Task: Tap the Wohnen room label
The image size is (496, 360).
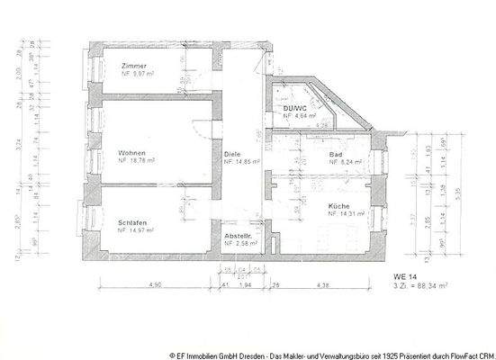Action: [x=132, y=153]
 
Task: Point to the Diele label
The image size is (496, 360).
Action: [x=232, y=154]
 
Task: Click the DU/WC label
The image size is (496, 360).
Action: [x=295, y=109]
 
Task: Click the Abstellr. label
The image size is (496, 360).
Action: [x=239, y=236]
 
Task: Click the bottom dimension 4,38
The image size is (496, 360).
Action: [x=321, y=284]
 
